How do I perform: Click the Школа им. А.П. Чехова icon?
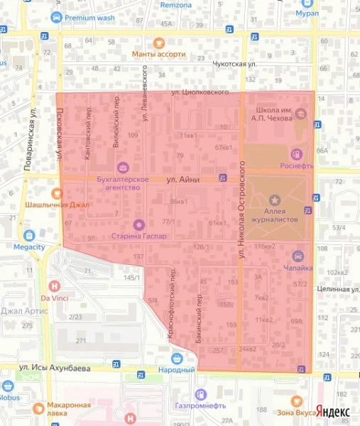click(x=301, y=114)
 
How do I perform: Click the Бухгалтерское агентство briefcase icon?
click(x=124, y=168)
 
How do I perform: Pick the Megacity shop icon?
click(x=29, y=235)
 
